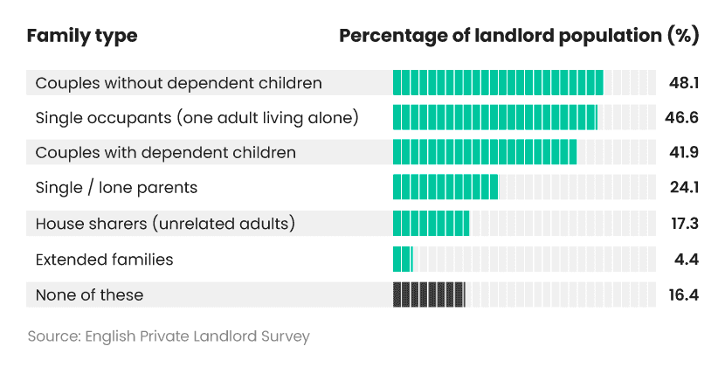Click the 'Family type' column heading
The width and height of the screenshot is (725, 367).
82,37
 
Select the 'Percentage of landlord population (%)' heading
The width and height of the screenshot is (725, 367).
519,37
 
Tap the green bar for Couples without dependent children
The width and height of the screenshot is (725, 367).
498,83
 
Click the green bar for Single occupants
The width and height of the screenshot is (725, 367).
494,117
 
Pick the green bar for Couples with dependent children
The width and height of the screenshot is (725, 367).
485,152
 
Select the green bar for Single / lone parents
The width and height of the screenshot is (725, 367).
445,187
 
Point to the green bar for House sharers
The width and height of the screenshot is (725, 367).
431,224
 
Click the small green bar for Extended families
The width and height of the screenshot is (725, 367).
402,260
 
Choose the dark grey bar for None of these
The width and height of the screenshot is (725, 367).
429,294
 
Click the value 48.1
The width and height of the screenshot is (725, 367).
685,83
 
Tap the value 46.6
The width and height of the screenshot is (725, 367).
683,117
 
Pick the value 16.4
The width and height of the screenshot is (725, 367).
684,294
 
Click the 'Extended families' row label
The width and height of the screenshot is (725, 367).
104,260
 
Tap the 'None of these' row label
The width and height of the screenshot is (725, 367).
89,294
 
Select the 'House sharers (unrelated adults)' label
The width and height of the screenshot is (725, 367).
165,224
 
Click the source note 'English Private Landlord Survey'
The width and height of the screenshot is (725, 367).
169,336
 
